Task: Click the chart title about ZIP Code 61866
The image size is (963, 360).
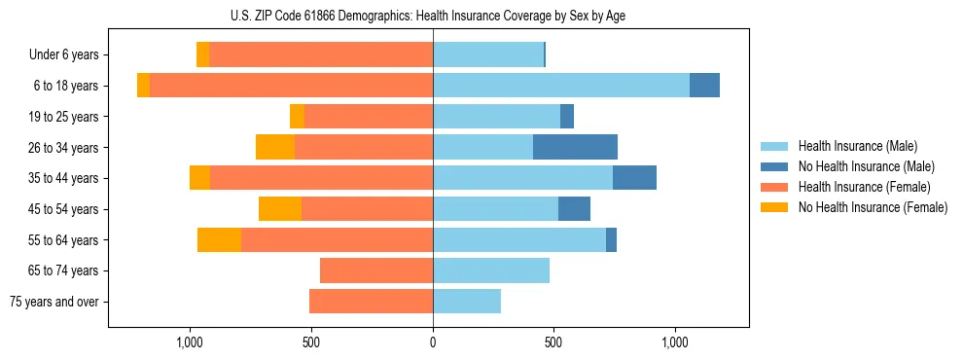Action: pos(433,15)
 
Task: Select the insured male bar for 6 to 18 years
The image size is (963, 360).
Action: pos(561,86)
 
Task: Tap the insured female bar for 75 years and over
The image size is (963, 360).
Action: pos(371,302)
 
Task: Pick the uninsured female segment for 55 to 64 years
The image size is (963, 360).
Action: pos(219,240)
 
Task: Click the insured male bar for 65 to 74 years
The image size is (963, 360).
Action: pos(491,270)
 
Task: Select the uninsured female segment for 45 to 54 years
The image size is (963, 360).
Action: pos(280,209)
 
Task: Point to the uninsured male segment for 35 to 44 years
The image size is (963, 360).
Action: pos(634,178)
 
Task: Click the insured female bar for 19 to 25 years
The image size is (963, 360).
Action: pos(369,117)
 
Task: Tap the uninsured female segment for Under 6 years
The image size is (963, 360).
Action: pos(202,54)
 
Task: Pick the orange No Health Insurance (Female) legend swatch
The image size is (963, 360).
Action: pos(775,207)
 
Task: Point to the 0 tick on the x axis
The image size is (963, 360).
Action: pos(433,343)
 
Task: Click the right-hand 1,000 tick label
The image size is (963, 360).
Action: pos(675,343)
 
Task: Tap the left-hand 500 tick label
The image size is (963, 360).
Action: pos(311,343)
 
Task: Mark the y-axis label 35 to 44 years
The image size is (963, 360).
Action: pos(63,178)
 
